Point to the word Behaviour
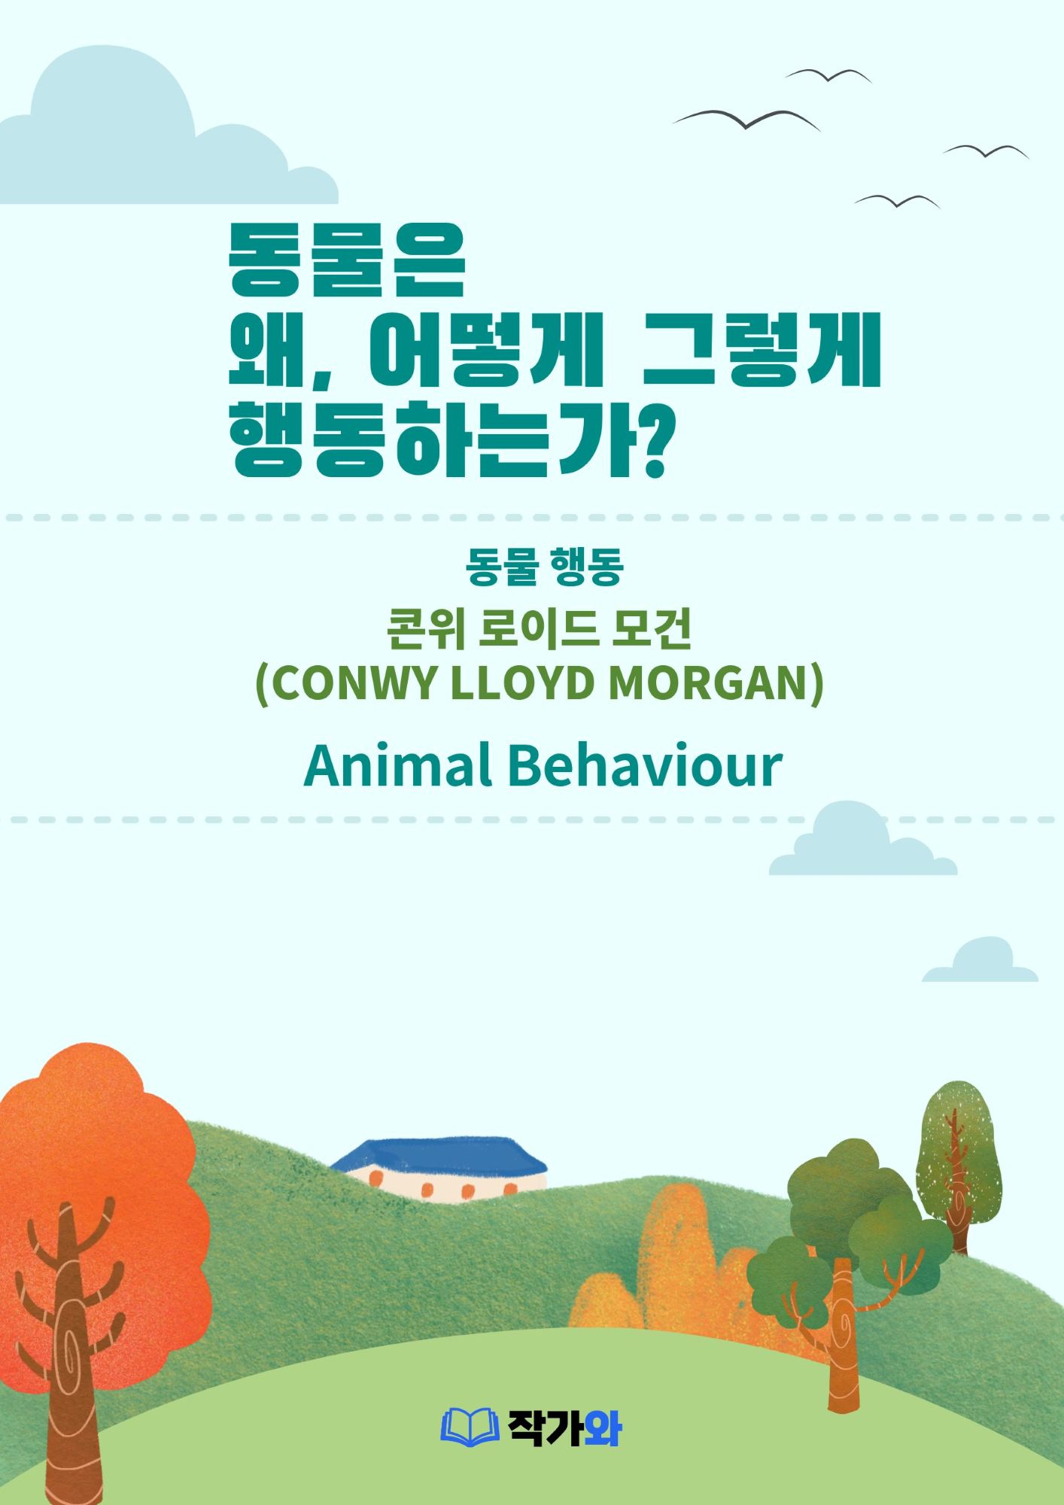[x=645, y=765]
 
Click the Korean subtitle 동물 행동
[x=544, y=567]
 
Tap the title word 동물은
[x=348, y=260]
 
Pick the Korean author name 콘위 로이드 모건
[x=539, y=630]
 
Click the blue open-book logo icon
[x=470, y=1426]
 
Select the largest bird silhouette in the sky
[x=746, y=119]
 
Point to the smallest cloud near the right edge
[x=980, y=962]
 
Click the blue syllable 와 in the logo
[x=601, y=1427]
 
